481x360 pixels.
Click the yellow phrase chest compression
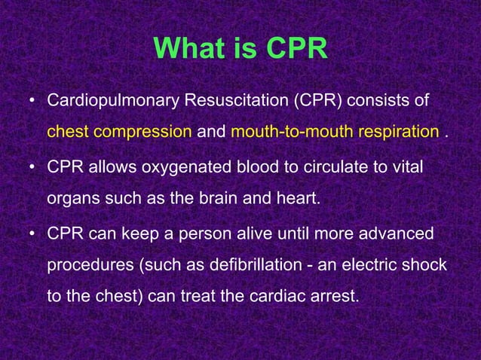tap(119, 132)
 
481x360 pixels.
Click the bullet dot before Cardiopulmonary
tap(31, 101)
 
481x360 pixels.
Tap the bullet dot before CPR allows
tap(31, 167)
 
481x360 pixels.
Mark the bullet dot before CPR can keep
tap(31, 235)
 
